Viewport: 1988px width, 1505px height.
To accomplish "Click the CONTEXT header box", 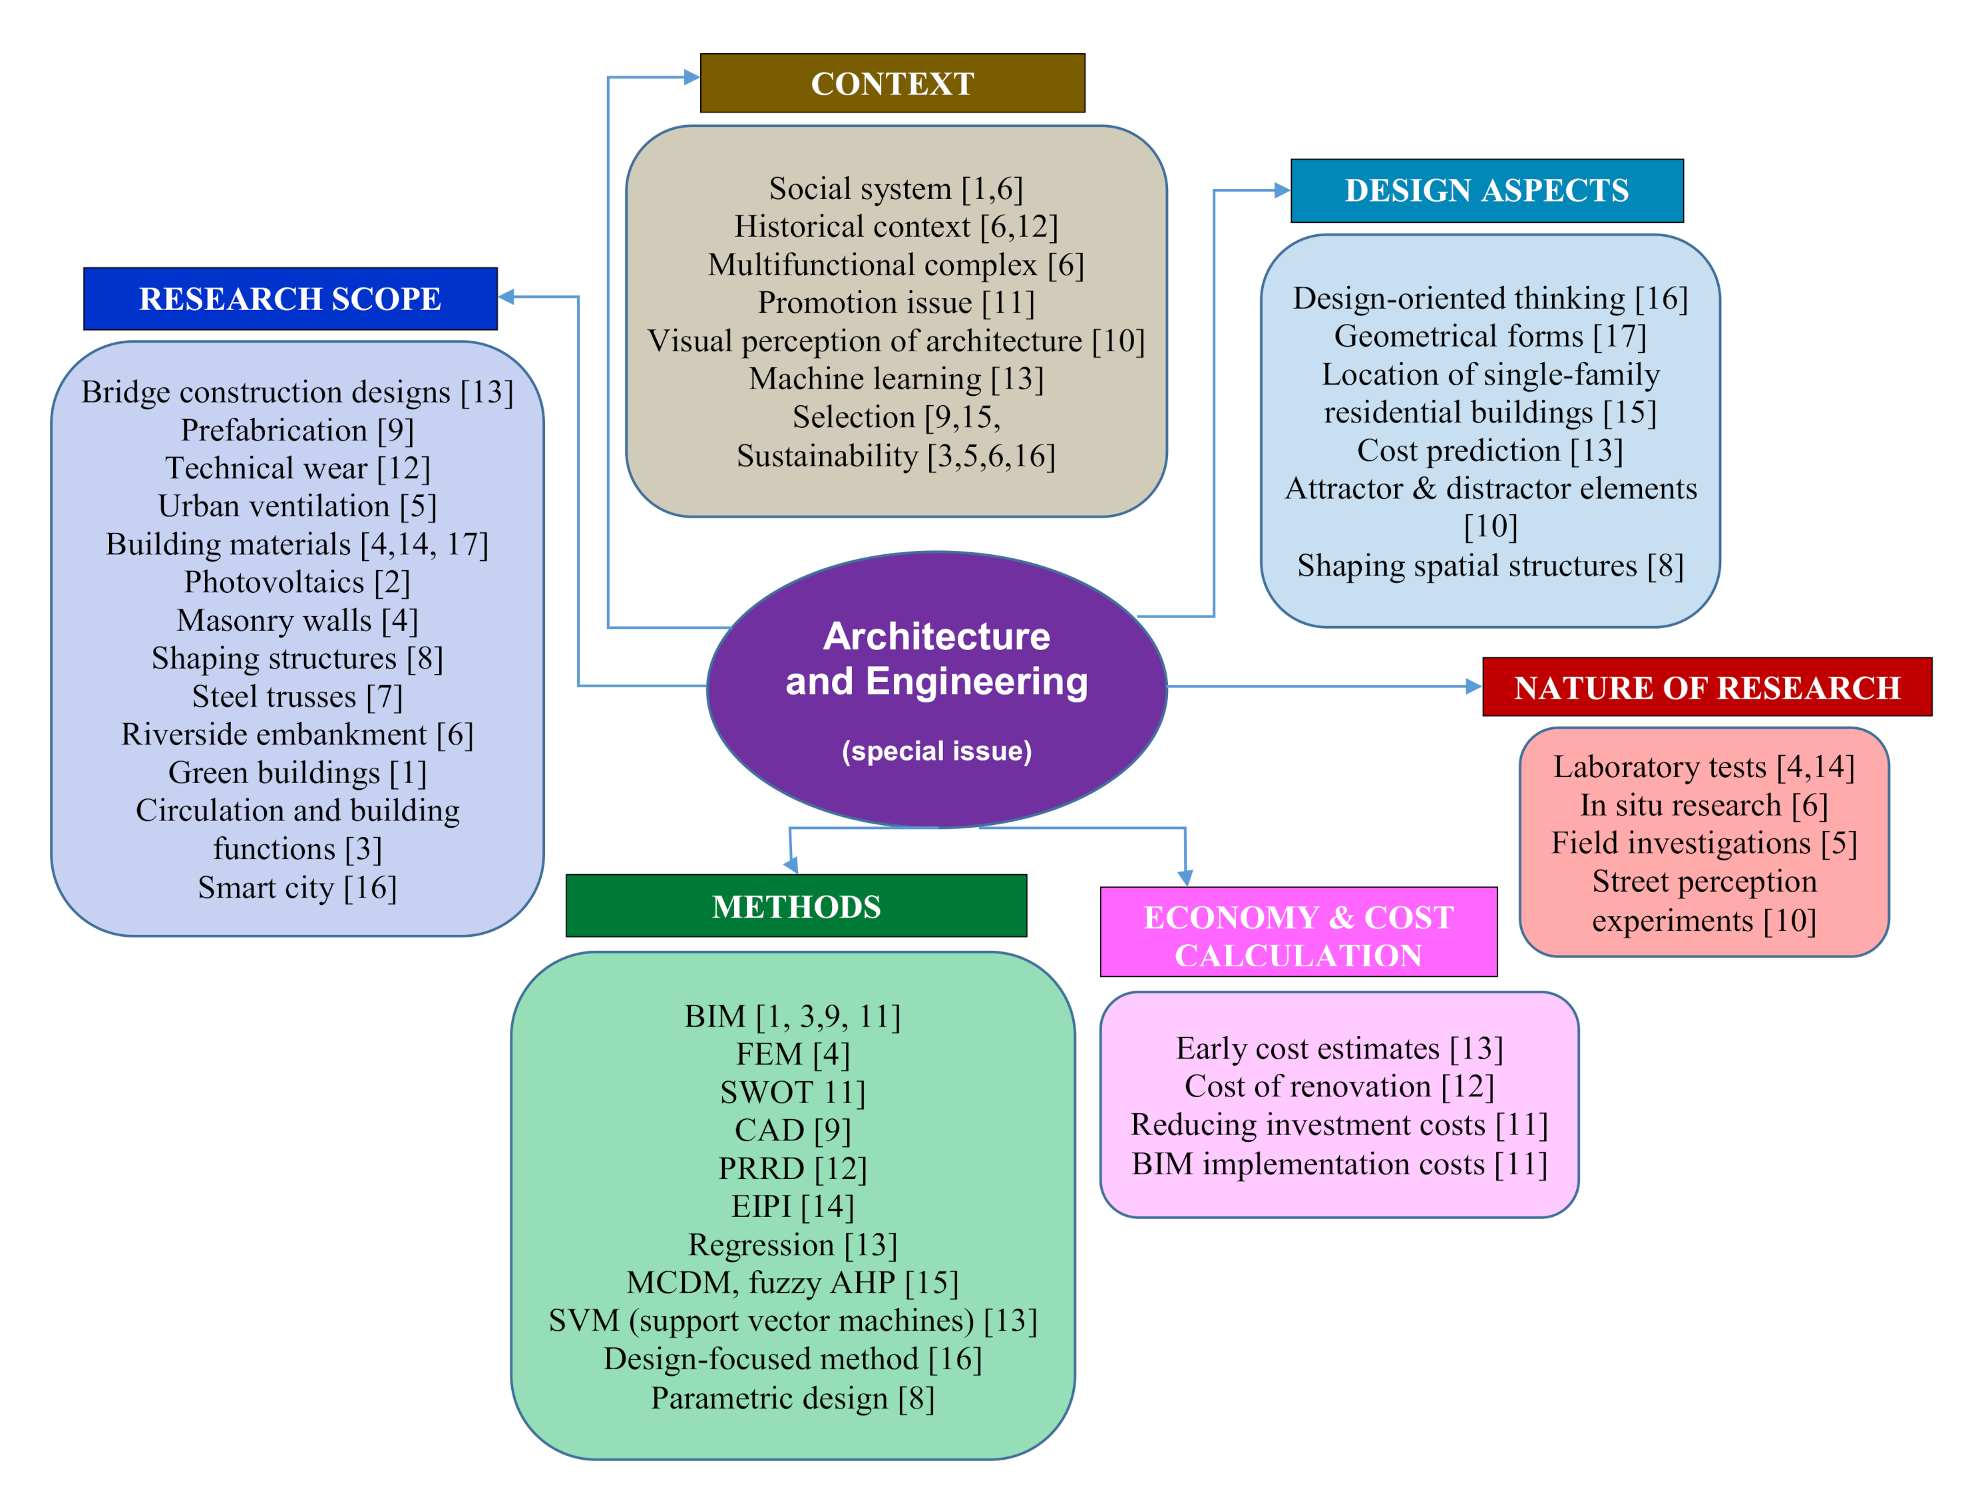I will pos(892,83).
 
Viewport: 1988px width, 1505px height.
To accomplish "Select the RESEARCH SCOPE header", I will pos(290,298).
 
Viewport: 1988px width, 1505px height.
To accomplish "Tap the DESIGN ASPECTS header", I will pos(1486,190).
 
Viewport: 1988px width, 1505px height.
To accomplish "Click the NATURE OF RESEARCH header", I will pos(1706,687).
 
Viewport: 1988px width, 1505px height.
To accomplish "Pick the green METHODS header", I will pos(795,906).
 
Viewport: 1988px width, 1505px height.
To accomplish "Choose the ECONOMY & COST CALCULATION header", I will pos(1298,934).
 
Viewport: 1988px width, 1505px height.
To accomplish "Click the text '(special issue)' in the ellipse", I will pos(936,751).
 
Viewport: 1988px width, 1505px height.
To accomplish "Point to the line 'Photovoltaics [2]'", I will pos(297,582).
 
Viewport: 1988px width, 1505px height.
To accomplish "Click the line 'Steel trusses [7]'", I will pos(297,697).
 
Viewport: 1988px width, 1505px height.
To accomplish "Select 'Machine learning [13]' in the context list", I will pos(896,379).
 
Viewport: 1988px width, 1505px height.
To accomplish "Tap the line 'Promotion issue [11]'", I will pos(896,303).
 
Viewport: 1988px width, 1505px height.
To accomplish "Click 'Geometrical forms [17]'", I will pos(1490,336).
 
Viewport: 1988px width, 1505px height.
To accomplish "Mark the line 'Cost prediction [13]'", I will pos(1490,450).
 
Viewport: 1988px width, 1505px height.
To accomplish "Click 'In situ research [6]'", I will pos(1703,805).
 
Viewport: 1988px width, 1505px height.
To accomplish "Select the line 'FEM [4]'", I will pos(793,1054).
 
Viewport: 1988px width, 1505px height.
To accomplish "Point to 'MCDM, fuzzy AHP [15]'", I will pos(793,1282).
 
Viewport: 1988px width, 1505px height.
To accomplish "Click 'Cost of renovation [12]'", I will pos(1339,1087).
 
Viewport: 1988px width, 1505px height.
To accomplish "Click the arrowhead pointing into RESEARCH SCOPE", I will pos(506,297).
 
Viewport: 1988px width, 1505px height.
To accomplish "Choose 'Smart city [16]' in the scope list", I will pos(297,888).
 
